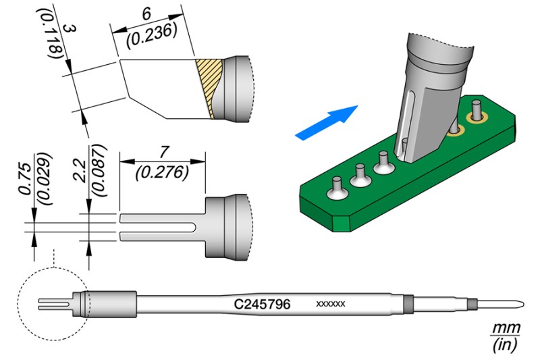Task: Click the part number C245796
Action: coord(262,305)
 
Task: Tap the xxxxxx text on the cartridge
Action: coord(331,305)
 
